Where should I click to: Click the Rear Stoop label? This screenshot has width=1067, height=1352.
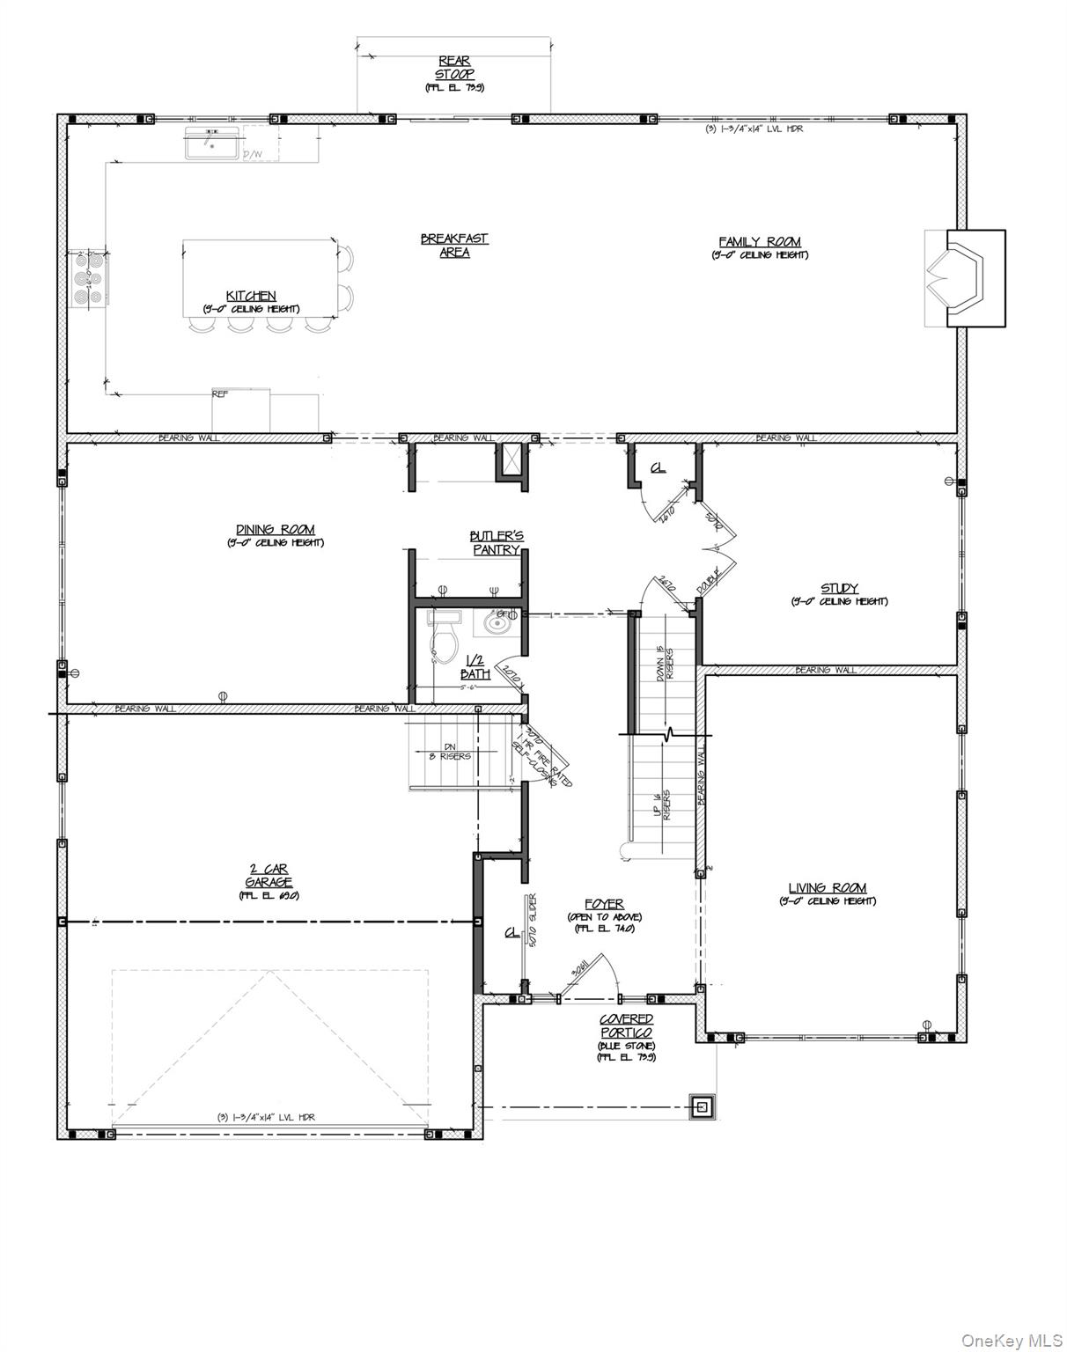(x=454, y=68)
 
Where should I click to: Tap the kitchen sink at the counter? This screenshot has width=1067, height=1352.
(x=210, y=143)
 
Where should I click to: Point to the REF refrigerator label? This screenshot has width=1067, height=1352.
(x=220, y=394)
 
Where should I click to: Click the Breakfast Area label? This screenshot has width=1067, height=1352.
(x=454, y=245)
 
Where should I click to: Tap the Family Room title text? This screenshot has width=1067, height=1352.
(x=759, y=242)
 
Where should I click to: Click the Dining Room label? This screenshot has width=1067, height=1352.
(x=275, y=530)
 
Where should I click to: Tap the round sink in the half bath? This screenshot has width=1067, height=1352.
(x=498, y=623)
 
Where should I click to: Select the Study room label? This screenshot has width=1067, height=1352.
(x=838, y=589)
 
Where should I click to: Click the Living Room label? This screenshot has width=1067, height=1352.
(x=827, y=888)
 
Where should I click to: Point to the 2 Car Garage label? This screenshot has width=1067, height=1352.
(x=269, y=876)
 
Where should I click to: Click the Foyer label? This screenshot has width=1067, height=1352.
(x=604, y=904)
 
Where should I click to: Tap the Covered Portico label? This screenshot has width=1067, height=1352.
(x=626, y=1025)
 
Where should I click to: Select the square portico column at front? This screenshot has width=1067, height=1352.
(x=703, y=1106)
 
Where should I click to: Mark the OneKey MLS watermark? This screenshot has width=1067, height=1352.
(x=1012, y=1340)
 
